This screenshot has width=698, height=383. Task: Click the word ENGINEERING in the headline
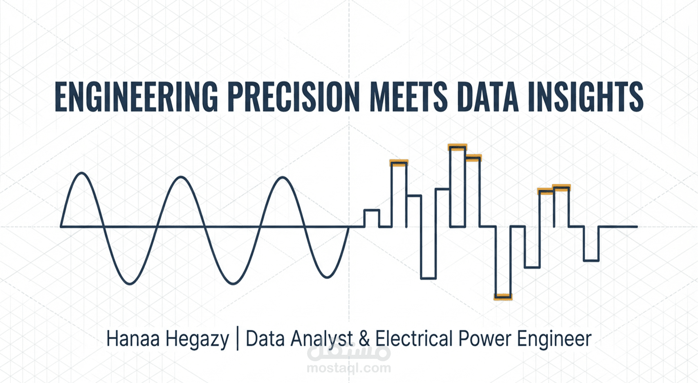tap(136, 97)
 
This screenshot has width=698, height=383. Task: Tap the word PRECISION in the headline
tap(294, 97)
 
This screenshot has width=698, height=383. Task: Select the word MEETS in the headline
tap(408, 97)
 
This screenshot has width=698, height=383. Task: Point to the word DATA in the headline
tap(487, 97)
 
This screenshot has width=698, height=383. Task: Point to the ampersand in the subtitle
tap(364, 339)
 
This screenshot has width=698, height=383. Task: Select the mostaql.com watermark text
tap(349, 368)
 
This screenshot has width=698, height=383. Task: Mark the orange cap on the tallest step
tap(458, 148)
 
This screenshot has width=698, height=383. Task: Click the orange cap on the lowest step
tap(503, 297)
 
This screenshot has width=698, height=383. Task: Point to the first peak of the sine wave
tap(82, 173)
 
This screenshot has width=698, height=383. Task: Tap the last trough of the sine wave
tap(327, 277)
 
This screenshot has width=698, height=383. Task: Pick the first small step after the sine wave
tap(371, 210)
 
